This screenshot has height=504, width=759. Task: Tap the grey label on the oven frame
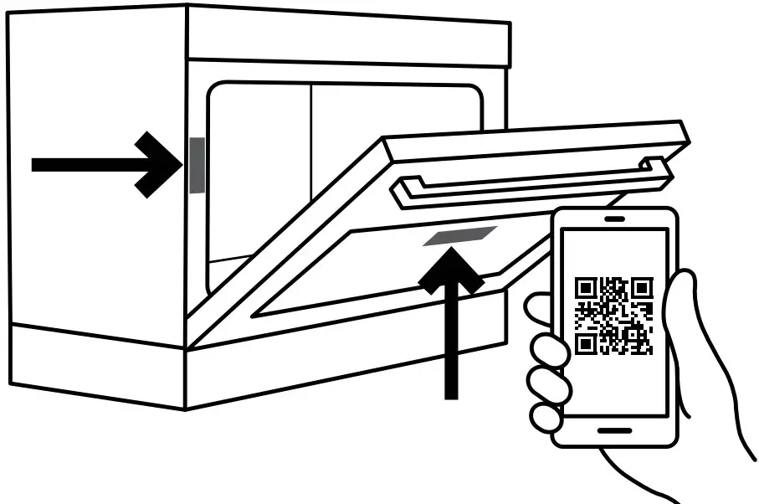coord(196,165)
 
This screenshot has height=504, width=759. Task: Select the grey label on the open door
coord(460,237)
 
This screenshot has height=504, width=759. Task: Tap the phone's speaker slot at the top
coord(614,220)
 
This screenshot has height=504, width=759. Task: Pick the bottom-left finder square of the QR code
coord(587,342)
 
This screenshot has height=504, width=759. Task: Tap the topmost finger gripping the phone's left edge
coord(540,310)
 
